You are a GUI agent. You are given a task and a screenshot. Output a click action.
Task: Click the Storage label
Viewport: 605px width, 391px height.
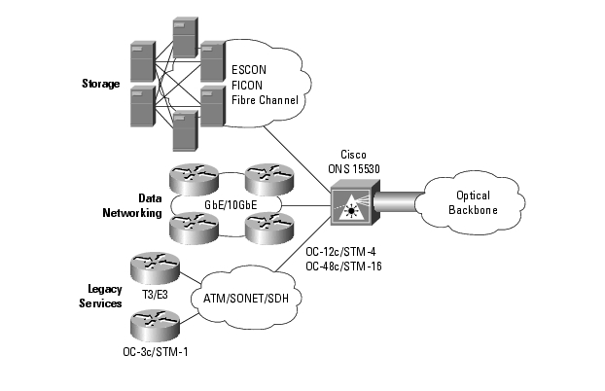pyautogui.click(x=100, y=84)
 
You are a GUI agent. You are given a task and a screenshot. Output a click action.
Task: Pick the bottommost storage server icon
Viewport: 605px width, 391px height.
pyautogui.click(x=185, y=129)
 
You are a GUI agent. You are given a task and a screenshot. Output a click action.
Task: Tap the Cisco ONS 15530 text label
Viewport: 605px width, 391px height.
pyautogui.click(x=361, y=161)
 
